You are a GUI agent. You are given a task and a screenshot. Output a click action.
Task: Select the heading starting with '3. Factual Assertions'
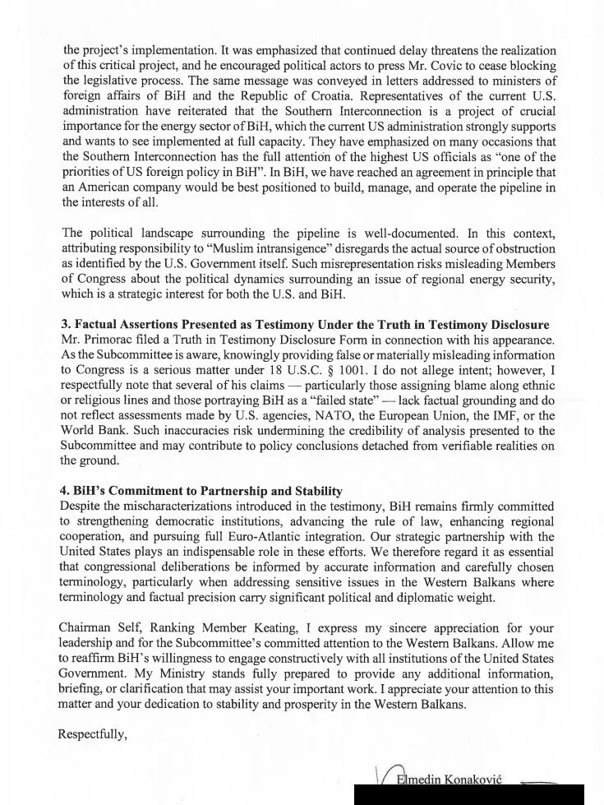pos(304,325)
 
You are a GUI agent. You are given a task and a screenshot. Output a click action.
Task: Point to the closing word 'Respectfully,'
pos(92,734)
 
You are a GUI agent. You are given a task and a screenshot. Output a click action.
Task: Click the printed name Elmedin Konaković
pos(449,779)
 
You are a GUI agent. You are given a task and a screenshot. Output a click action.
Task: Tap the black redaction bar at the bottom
pos(468,794)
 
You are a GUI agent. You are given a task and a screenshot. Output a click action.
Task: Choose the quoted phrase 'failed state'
pos(341,400)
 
